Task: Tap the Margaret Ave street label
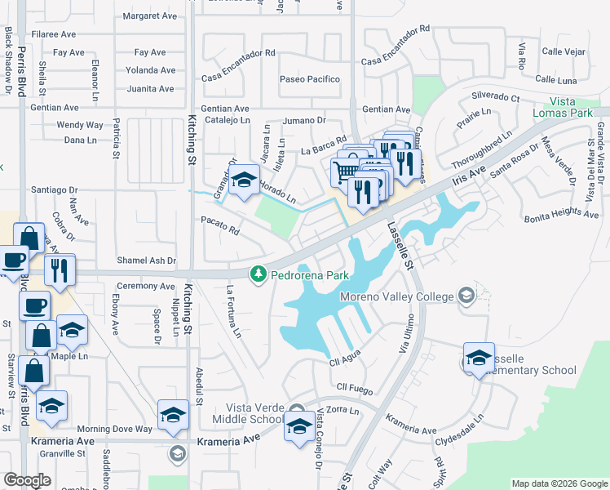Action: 149,16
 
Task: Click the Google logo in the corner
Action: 27,481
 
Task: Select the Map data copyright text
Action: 559,483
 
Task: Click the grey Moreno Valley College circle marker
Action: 466,294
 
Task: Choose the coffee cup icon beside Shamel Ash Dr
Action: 12,261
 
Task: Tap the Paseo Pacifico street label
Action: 310,79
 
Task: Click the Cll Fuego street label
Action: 353,385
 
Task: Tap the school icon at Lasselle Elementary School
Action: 479,357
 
